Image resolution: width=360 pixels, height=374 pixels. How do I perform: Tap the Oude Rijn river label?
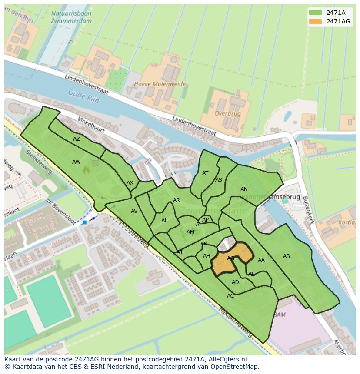pyautogui.click(x=83, y=96)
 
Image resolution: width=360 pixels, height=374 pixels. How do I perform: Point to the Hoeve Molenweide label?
pyautogui.click(x=160, y=84)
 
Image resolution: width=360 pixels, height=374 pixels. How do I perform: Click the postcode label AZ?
pyautogui.click(x=77, y=139)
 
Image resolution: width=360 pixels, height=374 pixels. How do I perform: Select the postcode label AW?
pyautogui.click(x=77, y=162)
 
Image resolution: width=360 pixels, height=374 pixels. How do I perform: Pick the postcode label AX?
pyautogui.click(x=130, y=183)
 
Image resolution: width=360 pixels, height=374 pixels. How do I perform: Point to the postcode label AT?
pyautogui.click(x=205, y=173)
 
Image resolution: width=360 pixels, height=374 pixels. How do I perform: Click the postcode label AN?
pyautogui.click(x=244, y=189)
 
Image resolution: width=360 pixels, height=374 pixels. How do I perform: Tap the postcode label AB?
pyautogui.click(x=287, y=256)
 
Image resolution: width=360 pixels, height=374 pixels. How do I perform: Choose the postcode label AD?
pyautogui.click(x=235, y=282)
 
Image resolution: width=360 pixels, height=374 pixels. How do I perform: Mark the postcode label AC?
pyautogui.click(x=230, y=296)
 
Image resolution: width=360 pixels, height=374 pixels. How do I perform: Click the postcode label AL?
pyautogui.click(x=164, y=221)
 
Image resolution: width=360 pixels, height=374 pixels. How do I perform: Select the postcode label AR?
pyautogui.click(x=177, y=200)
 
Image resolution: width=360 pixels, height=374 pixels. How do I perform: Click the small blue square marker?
pyautogui.click(x=84, y=222)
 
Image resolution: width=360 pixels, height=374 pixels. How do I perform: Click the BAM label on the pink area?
pyautogui.click(x=280, y=314)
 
